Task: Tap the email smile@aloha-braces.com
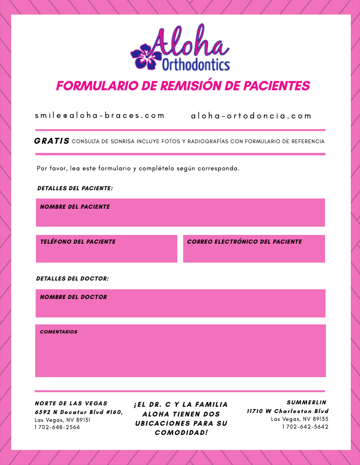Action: pyautogui.click(x=100, y=116)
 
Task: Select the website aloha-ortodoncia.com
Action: pyautogui.click(x=251, y=116)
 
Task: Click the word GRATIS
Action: pyautogui.click(x=51, y=141)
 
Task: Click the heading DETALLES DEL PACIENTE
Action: pyautogui.click(x=75, y=188)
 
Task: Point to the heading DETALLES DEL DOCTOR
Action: pyautogui.click(x=72, y=279)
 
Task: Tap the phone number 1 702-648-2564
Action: pyautogui.click(x=57, y=427)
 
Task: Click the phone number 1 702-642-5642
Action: pyautogui.click(x=305, y=427)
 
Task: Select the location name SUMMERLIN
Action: pyautogui.click(x=307, y=402)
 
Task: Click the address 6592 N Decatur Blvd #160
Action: pyautogui.click(x=78, y=412)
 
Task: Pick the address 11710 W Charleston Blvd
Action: pyautogui.click(x=287, y=411)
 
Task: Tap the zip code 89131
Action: pyautogui.click(x=83, y=420)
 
